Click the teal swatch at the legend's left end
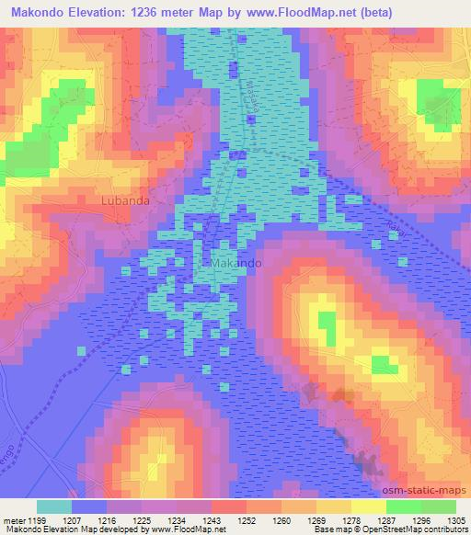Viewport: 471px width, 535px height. coord(54,507)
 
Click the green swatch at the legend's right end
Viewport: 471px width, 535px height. coord(438,507)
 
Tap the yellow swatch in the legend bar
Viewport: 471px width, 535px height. coord(368,507)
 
